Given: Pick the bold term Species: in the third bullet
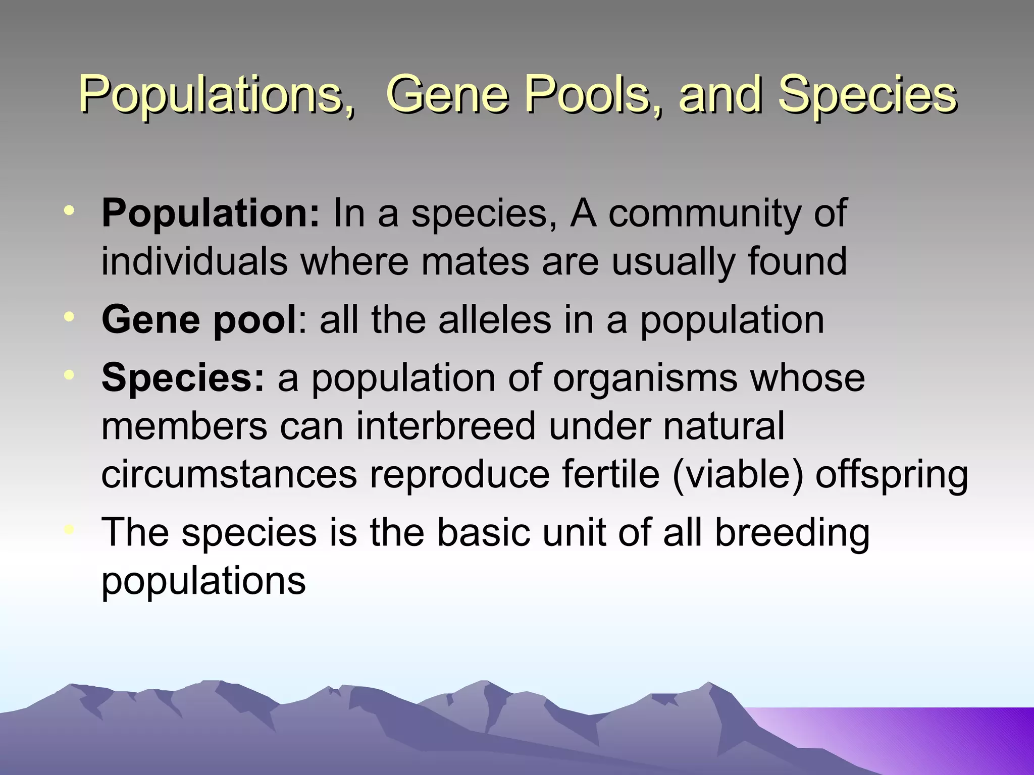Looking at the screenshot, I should click(x=183, y=377).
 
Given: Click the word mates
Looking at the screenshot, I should click(x=475, y=261).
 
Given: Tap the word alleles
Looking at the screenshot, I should click(x=495, y=320).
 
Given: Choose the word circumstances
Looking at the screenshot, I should click(x=229, y=474).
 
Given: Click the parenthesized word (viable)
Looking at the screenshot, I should click(x=738, y=474).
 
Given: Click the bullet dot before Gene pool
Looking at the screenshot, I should click(x=69, y=316).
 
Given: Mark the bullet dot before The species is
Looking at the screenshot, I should click(x=69, y=529).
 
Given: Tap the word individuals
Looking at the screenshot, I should click(x=194, y=261).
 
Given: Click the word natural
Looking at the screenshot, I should click(x=723, y=426).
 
